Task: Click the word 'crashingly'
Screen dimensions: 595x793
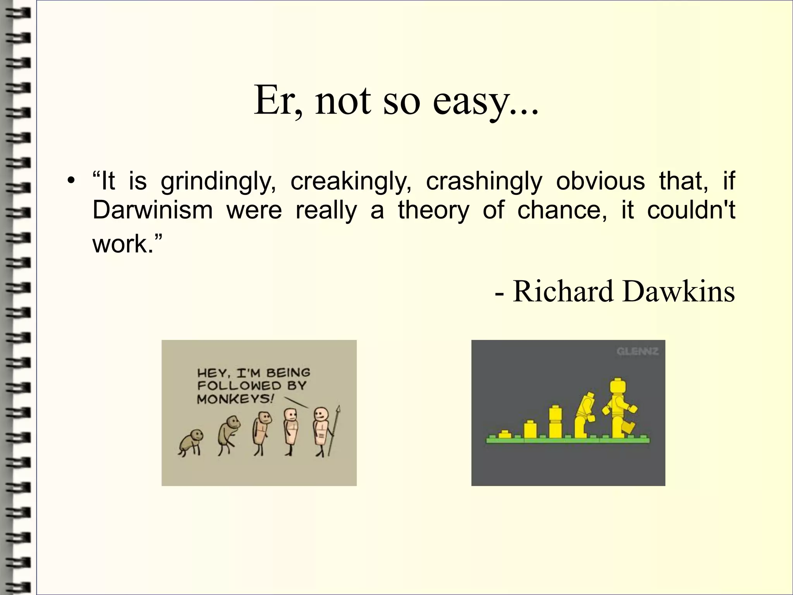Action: [x=484, y=181]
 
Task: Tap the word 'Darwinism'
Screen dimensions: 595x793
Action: [x=153, y=210]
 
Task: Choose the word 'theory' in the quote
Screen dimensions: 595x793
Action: [x=433, y=211]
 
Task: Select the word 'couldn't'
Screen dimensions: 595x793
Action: [x=691, y=210]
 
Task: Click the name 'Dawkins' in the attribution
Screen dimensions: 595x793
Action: [x=678, y=291]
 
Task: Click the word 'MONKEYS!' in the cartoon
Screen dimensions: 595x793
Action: [x=235, y=399]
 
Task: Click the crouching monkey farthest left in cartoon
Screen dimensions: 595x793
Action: [x=191, y=442]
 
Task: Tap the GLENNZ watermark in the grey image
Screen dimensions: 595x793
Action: [x=637, y=351]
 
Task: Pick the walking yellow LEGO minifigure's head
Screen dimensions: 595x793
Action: [x=619, y=388]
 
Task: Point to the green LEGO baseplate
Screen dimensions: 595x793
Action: [x=568, y=440]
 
